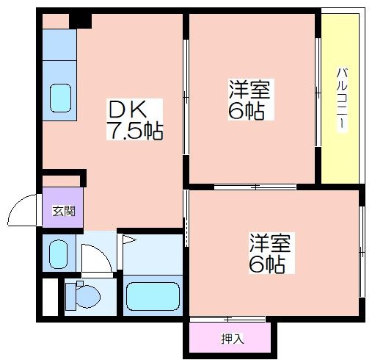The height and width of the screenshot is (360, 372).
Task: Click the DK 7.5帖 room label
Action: tap(135, 119)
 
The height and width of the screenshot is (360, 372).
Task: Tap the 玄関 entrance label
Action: tap(64, 211)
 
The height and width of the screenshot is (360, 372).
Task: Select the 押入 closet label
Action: tap(233, 339)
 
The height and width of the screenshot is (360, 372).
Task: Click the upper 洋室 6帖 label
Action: tap(249, 99)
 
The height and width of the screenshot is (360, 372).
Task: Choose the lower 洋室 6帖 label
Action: tap(270, 253)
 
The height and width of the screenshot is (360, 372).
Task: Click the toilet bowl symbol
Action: tap(83, 296)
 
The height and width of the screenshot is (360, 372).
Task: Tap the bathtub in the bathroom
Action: tap(153, 296)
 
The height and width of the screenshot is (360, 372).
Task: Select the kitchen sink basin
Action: tap(60, 98)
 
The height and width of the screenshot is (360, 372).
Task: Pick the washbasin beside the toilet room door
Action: tap(58, 253)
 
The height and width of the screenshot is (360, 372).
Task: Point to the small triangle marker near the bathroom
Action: tap(128, 240)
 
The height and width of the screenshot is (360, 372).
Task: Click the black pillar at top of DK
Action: tap(80, 21)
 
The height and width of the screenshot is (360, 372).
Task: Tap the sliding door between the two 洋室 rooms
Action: tap(255, 187)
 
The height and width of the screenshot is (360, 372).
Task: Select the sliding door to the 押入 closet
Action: tap(227, 319)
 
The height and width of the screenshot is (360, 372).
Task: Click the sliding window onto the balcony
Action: tap(318, 93)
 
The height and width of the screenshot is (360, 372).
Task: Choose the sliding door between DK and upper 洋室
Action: tap(186, 97)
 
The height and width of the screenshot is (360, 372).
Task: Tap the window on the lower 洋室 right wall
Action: tap(362, 252)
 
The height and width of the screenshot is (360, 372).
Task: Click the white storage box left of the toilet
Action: tap(51, 297)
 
